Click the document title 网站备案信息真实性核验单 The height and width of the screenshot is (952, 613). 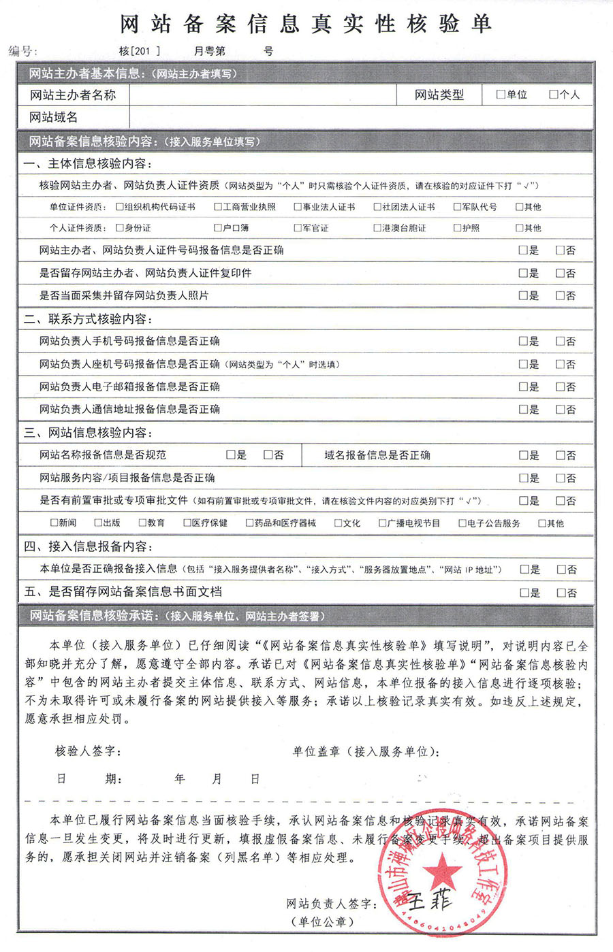click(x=306, y=24)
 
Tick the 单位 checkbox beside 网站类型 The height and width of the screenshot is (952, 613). click(x=501, y=95)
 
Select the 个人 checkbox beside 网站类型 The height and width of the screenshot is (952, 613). click(x=554, y=95)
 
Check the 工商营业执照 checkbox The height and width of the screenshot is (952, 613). click(x=218, y=207)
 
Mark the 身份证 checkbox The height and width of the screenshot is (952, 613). click(x=120, y=228)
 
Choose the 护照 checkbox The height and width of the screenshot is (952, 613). click(x=457, y=228)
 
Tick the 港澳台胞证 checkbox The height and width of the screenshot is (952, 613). click(x=377, y=228)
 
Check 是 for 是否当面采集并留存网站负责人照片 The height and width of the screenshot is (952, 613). click(x=523, y=295)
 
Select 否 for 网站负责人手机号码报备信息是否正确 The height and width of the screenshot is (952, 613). click(x=560, y=341)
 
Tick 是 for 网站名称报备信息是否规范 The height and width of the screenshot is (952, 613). click(x=231, y=455)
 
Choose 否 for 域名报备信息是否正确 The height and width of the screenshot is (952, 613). click(x=560, y=455)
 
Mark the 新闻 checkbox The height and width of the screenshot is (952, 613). click(x=54, y=523)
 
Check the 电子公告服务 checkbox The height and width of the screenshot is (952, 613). click(x=462, y=523)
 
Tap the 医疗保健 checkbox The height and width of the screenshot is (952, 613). click(x=187, y=523)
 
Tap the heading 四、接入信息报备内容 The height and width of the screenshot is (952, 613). click(x=89, y=546)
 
